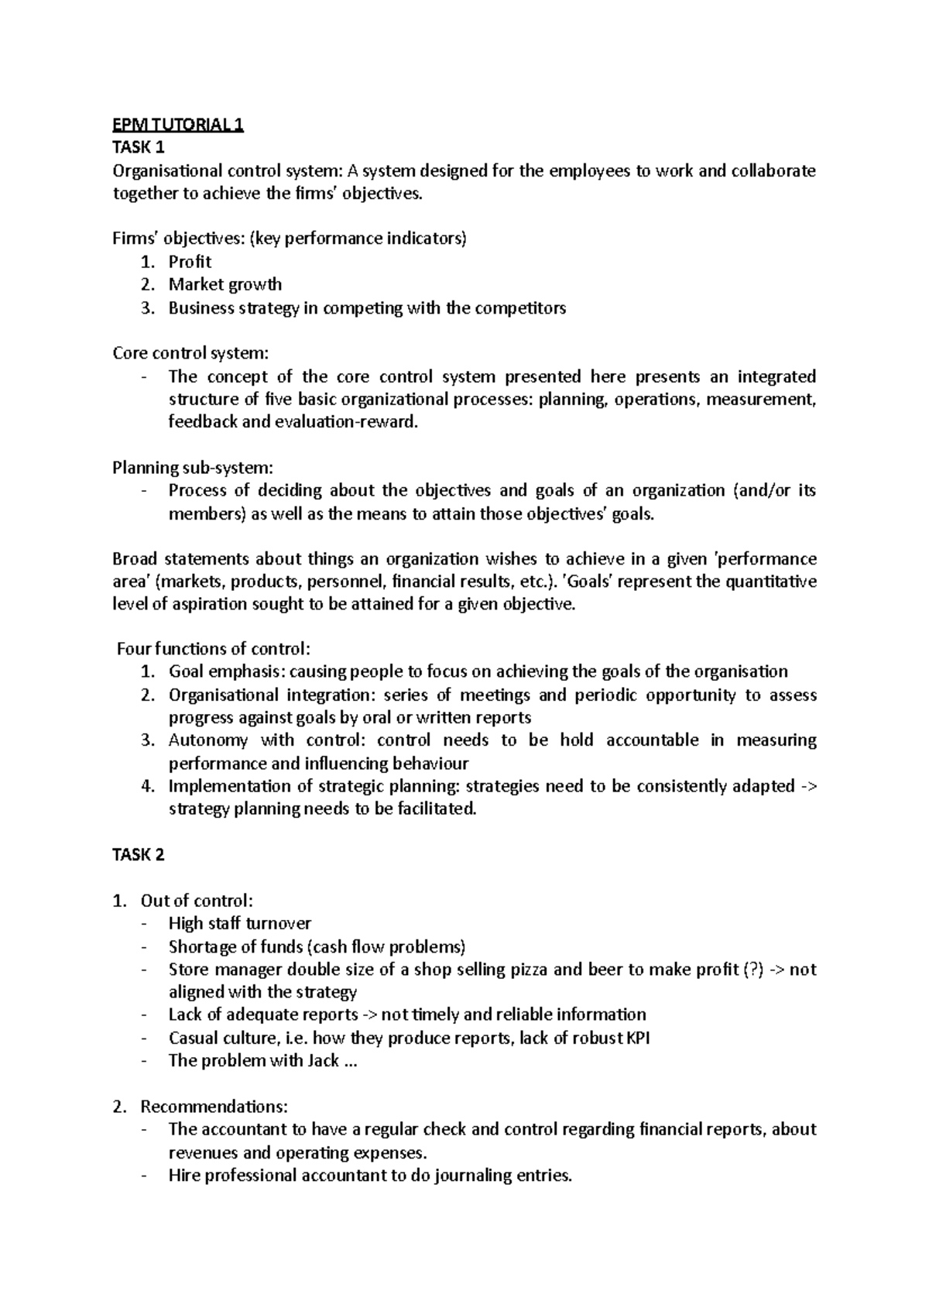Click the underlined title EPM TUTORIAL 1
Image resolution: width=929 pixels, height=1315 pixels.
(178, 125)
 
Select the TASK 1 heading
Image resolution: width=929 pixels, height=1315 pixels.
(139, 148)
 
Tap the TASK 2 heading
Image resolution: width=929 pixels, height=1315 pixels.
(139, 855)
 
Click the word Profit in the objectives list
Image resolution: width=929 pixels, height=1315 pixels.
(190, 262)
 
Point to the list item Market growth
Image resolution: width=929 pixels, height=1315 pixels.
(225, 284)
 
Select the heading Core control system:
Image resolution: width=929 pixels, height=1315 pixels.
(190, 353)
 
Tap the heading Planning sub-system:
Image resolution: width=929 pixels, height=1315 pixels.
(193, 468)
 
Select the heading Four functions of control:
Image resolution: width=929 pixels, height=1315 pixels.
(213, 649)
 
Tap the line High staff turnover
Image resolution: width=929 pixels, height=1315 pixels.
(239, 923)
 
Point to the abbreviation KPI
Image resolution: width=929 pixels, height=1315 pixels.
(637, 1038)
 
